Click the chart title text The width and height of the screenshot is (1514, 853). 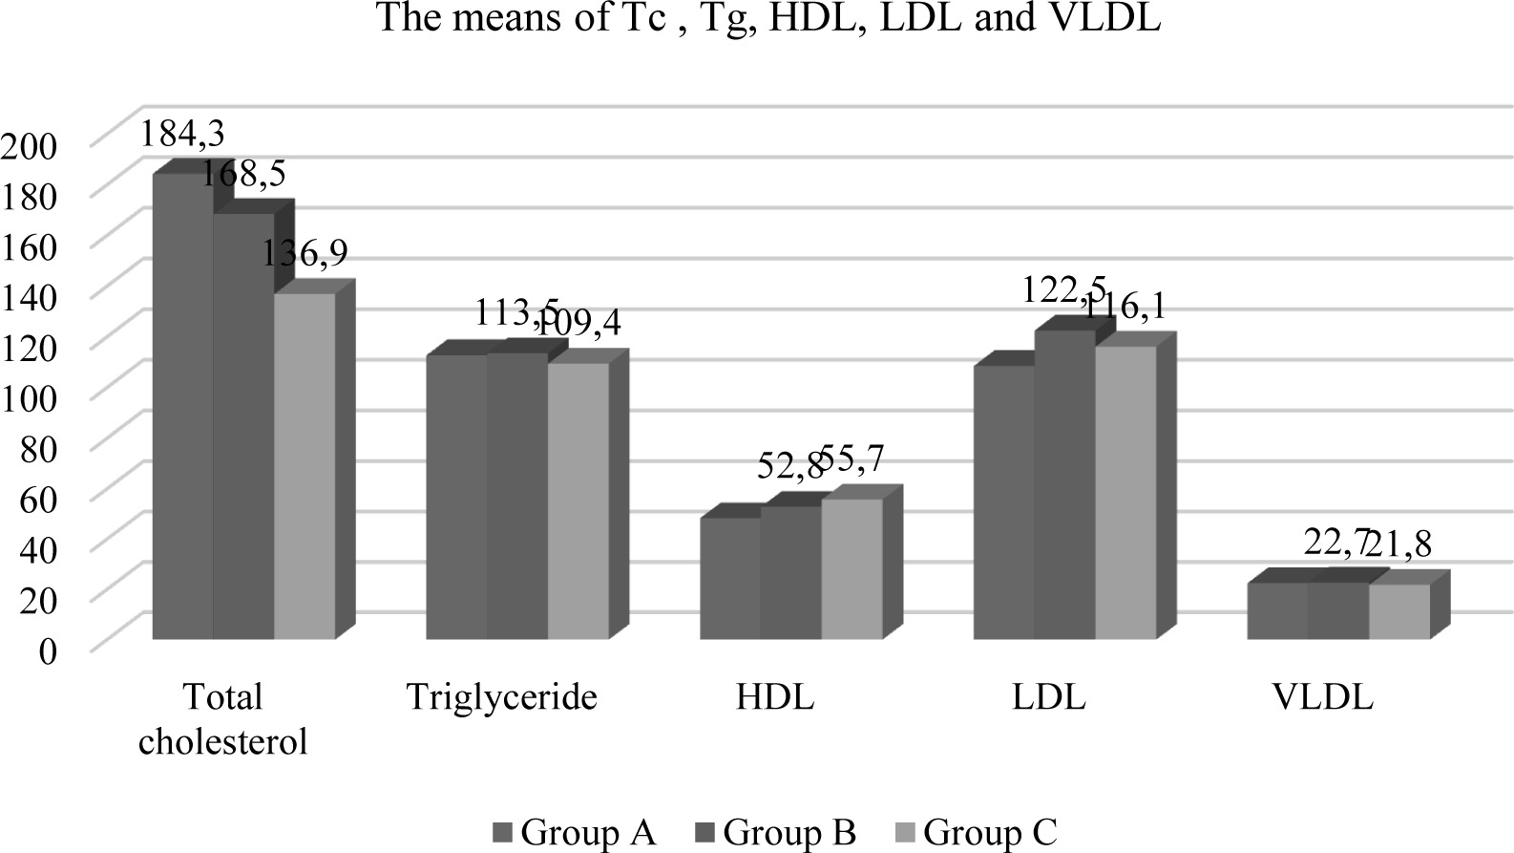click(x=768, y=18)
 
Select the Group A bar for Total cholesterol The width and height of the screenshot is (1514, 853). click(x=182, y=406)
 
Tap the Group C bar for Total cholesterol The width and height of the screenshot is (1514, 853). click(x=305, y=465)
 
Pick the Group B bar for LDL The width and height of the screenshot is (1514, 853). click(x=1064, y=484)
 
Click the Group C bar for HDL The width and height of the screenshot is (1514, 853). click(x=852, y=568)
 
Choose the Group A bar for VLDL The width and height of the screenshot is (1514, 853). click(x=1276, y=610)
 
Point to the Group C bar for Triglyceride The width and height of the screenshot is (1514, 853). click(x=578, y=501)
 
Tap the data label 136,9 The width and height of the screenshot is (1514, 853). click(x=305, y=253)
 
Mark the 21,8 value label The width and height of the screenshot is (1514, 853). click(x=1398, y=544)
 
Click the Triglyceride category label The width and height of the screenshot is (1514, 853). click(x=501, y=697)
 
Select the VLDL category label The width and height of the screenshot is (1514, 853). click(x=1322, y=697)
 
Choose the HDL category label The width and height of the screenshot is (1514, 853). click(x=775, y=697)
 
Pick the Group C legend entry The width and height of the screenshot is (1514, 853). click(x=978, y=833)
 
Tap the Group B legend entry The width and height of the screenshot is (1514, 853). click(x=777, y=833)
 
